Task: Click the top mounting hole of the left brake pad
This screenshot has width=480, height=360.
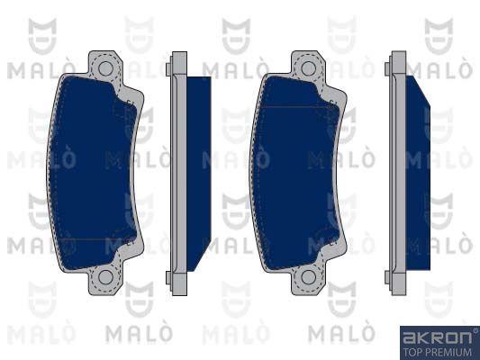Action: [105, 68]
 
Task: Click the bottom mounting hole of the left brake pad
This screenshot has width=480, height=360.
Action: [105, 276]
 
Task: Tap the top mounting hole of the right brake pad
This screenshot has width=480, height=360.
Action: [308, 68]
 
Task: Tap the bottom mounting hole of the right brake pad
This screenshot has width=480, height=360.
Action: [308, 277]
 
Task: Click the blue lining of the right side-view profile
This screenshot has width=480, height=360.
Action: [418, 173]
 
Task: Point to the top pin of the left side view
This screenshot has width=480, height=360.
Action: [168, 69]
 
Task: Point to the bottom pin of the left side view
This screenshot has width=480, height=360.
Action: [168, 277]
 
